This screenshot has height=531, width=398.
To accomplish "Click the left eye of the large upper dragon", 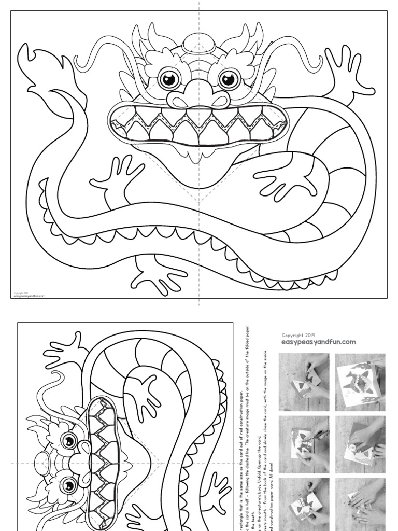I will pos(169,79).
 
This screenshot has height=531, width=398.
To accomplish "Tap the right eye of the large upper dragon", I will pos(228,79).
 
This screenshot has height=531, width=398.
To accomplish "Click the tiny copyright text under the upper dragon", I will pos(28,296).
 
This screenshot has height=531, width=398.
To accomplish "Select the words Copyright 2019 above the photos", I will pos(298,336).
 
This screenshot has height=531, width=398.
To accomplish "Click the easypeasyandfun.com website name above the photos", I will pos(318,342).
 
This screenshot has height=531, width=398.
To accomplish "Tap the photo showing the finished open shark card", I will pos(360,382).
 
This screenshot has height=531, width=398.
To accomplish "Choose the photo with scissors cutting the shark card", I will pos(304,443).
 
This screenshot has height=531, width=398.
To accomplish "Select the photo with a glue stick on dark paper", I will pos(360,443).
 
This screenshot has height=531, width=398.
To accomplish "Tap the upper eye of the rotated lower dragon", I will pos(68,441).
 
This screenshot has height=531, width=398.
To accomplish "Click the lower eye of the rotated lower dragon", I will pos(68,486).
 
